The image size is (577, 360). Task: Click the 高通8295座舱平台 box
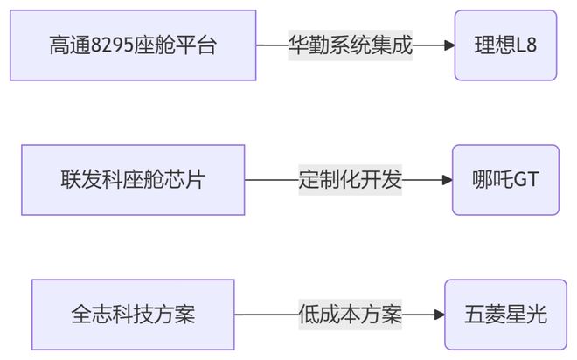[133, 45]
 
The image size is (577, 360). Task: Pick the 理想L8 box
[505, 45]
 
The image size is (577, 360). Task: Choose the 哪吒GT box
[505, 180]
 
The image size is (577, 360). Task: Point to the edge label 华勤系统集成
[350, 45]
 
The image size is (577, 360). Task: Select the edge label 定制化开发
[350, 180]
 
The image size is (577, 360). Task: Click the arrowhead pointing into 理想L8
[449, 45]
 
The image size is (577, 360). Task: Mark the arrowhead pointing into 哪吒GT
[446, 180]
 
